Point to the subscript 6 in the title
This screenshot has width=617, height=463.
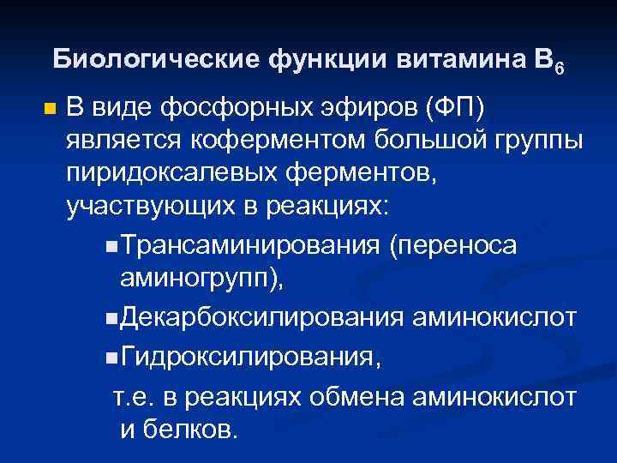(x=560, y=68)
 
